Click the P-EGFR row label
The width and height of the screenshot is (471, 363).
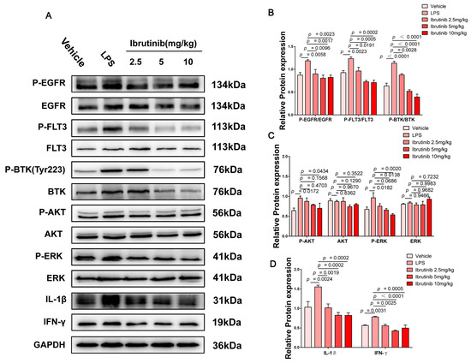click(x=37, y=84)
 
